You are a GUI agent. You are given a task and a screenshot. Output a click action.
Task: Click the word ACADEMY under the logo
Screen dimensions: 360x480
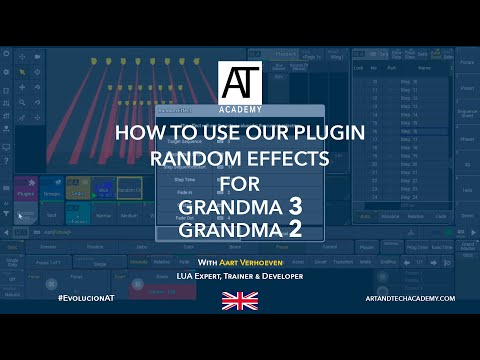tap(240, 109)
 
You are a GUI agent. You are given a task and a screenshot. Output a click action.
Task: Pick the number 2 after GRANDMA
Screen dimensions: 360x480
tap(294, 231)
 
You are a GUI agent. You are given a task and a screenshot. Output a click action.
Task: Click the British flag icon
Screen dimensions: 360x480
tap(240, 300)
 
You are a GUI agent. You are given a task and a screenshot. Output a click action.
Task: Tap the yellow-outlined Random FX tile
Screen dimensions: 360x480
tap(130, 187)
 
